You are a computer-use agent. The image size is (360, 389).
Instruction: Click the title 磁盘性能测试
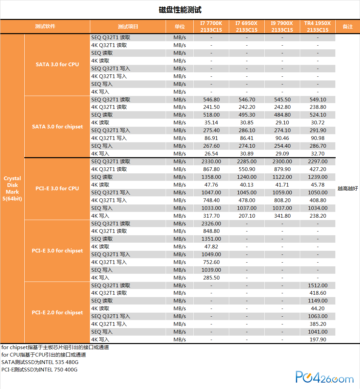point(180,10)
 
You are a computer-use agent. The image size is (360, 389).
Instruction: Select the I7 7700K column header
point(211,27)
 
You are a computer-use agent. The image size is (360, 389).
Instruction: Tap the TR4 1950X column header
point(317,27)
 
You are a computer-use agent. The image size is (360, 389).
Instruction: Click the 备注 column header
point(347,27)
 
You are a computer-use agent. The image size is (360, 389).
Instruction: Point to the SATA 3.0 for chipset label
point(57,126)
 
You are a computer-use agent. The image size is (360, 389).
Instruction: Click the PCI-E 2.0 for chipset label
point(57,312)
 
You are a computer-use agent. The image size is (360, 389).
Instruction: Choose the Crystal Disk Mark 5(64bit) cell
point(13,188)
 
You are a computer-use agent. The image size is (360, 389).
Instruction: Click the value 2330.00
point(211,162)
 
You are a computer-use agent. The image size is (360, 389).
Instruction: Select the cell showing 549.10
point(318,99)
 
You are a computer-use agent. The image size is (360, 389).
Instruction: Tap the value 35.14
point(211,123)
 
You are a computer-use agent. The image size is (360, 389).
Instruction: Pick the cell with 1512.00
point(318,285)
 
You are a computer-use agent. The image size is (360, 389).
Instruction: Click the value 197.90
point(318,339)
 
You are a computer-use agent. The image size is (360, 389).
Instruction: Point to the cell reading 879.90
point(282,169)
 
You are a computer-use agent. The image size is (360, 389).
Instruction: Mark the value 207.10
point(247,216)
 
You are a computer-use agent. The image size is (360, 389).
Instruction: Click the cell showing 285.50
point(211,277)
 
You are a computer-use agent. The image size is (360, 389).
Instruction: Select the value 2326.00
point(211,223)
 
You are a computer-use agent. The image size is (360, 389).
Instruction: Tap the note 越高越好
point(347,189)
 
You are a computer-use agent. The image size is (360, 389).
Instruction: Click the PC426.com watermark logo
point(325,378)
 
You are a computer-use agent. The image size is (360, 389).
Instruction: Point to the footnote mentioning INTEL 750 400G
point(40,370)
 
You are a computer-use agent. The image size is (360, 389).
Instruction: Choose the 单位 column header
point(179,27)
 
